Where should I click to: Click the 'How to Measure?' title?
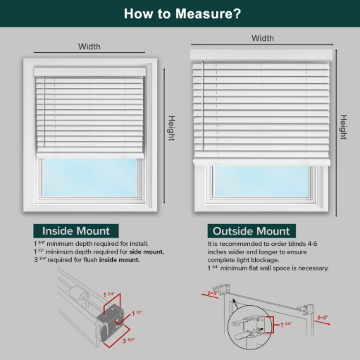tap(182, 13)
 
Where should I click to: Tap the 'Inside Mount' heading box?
tap(76, 231)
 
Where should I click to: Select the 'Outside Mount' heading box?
tap(252, 231)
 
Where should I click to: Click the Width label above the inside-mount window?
tap(89, 46)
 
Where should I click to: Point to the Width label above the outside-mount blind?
tap(263, 38)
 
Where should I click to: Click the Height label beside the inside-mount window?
tap(172, 128)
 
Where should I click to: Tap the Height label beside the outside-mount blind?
tap(343, 127)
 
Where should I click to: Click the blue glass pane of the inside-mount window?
tap(90, 178)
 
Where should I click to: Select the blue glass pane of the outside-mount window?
tap(261, 181)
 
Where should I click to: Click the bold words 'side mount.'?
tap(147, 252)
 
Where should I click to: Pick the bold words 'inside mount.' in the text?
tap(119, 260)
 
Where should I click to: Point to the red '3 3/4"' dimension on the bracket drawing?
tap(128, 340)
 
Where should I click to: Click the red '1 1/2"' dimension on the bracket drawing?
tap(137, 313)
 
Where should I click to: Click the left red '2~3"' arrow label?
tap(213, 293)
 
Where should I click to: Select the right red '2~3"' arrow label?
tap(323, 318)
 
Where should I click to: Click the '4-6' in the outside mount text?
tap(312, 244)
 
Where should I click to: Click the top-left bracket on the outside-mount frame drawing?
tap(221, 289)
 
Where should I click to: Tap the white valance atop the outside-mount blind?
tap(261, 56)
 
